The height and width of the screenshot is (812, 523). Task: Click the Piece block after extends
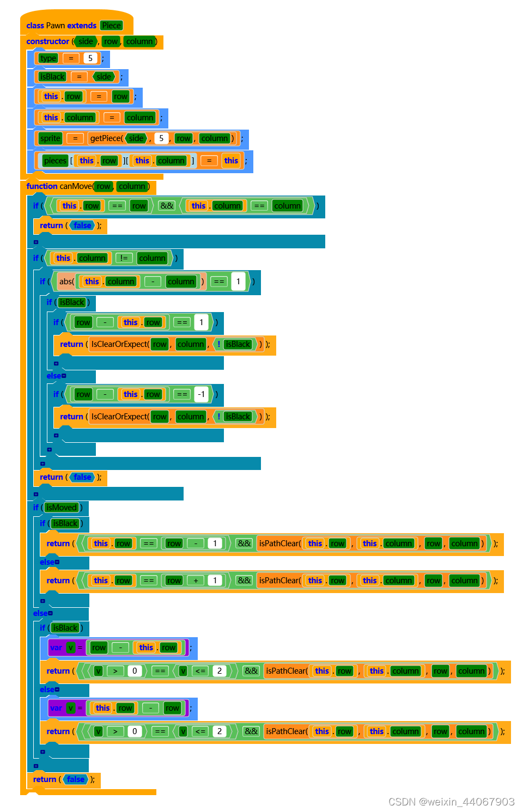111,26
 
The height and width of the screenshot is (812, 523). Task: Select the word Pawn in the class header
55,26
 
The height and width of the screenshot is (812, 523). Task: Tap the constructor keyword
48,41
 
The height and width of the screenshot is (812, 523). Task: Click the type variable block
48,58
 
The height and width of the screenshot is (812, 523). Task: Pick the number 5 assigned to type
90,58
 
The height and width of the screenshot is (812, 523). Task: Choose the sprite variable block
50,138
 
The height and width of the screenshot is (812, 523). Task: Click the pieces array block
55,161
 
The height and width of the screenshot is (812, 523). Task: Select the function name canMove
76,186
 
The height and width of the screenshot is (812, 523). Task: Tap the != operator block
124,258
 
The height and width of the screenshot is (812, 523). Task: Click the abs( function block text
66,282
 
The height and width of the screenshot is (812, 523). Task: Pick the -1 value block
201,394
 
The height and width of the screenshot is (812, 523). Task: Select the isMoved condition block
62,508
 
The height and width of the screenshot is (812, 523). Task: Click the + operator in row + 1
196,581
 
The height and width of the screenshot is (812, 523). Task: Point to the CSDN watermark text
451,802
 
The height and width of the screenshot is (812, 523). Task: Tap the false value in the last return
76,779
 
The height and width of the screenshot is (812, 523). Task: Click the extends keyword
82,26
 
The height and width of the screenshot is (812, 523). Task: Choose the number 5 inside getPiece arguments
161,138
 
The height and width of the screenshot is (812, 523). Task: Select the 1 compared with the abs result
238,282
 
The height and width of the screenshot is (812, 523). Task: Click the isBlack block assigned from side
52,77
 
